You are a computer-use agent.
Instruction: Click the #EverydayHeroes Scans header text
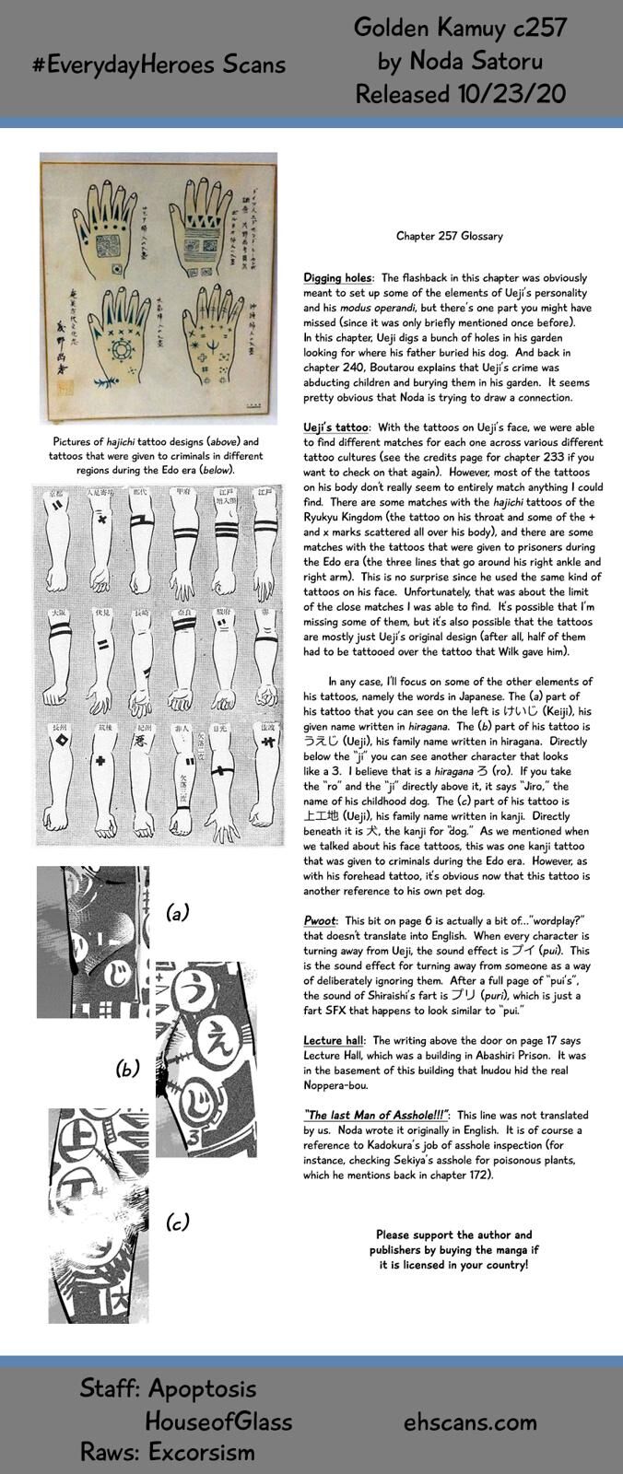coord(158,64)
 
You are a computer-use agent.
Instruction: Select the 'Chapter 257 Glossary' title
coord(450,237)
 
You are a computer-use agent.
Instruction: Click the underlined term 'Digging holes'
coord(337,278)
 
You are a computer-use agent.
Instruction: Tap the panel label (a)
coord(177,913)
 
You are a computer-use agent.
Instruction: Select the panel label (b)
coord(127,1070)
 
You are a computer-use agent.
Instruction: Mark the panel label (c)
coord(177,1222)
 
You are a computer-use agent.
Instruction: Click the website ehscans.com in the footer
coord(470,1421)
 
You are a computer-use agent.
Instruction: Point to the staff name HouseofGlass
coord(218,1421)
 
